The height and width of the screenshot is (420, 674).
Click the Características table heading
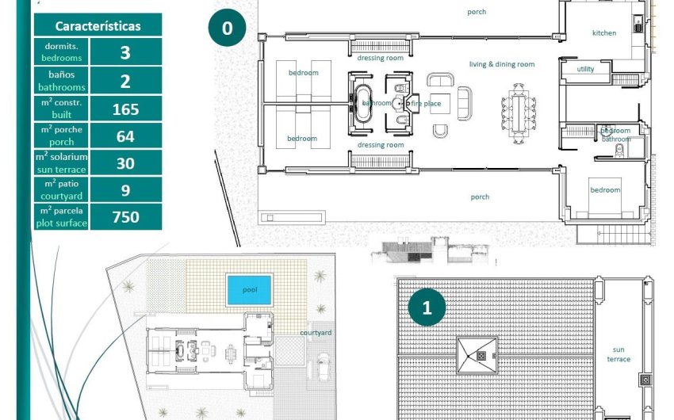98,25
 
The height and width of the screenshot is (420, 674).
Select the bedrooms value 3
126,52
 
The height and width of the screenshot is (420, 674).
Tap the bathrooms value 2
126,81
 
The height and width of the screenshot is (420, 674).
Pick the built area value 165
126,109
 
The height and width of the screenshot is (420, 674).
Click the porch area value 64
126,136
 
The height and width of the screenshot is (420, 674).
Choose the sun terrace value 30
126,163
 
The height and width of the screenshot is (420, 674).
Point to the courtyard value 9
126,190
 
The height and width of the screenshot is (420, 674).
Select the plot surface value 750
126,217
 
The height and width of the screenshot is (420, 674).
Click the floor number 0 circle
228,29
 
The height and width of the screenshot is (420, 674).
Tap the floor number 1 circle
427,308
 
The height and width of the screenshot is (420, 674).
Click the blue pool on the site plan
250,289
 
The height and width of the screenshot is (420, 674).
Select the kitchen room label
604,32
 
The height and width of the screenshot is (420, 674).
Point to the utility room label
585,69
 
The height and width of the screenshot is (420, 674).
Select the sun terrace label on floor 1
619,354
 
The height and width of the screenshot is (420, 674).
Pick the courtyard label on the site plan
316,333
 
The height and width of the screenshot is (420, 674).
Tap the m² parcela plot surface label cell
62,217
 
